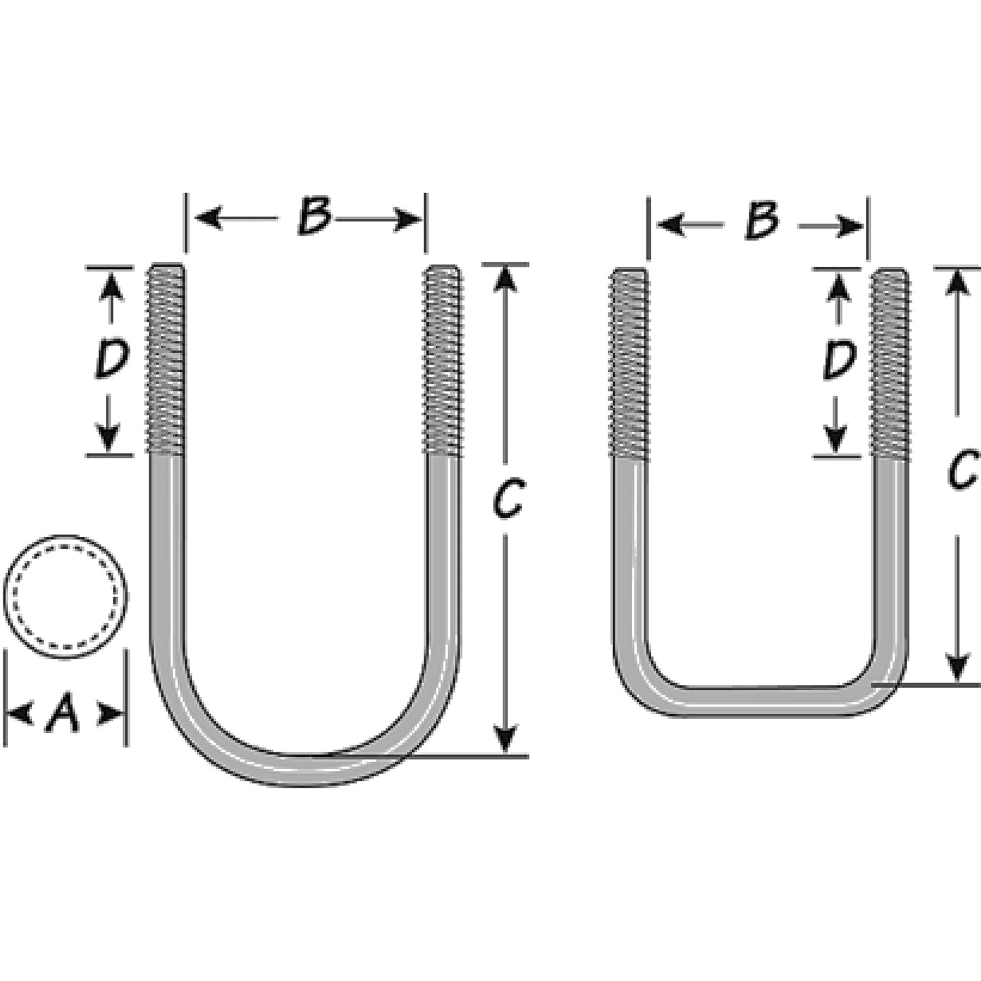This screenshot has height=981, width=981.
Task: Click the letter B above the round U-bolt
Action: pyautogui.click(x=315, y=217)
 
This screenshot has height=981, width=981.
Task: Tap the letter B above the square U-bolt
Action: pyautogui.click(x=762, y=222)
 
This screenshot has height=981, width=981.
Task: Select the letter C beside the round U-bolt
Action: pyautogui.click(x=508, y=500)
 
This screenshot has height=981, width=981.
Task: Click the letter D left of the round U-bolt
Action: pyautogui.click(x=111, y=359)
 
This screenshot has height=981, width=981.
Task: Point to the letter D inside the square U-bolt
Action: pyautogui.click(x=839, y=360)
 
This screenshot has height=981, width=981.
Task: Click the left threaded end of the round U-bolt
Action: pyautogui.click(x=166, y=359)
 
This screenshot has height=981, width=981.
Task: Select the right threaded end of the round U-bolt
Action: pyautogui.click(x=443, y=359)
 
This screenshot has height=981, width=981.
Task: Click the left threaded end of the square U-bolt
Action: pyautogui.click(x=629, y=365)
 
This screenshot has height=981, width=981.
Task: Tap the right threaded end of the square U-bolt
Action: pyautogui.click(x=890, y=365)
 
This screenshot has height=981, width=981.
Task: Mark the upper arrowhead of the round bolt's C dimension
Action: pyautogui.click(x=505, y=278)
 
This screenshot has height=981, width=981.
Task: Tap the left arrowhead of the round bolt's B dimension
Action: pyautogui.click(x=208, y=219)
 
